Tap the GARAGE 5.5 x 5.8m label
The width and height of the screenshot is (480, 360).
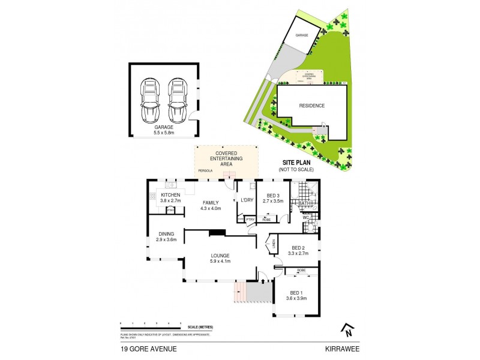164,130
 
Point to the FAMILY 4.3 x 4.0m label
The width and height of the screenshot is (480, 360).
211,205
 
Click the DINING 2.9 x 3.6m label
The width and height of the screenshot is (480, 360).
166,236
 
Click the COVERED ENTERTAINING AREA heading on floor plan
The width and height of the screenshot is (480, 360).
226,158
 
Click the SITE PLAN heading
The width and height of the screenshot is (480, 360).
296,163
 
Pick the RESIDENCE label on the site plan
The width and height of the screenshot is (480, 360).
311,106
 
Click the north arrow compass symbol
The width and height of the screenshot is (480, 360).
346,329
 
